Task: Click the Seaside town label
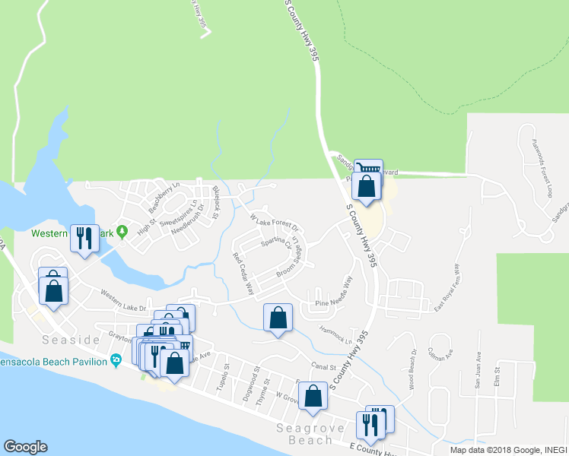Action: click(73, 340)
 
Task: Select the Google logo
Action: click(25, 447)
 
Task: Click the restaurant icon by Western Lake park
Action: click(84, 238)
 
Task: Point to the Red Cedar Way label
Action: click(243, 273)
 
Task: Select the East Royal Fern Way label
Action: click(448, 287)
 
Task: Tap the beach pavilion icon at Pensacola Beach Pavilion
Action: click(116, 359)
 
